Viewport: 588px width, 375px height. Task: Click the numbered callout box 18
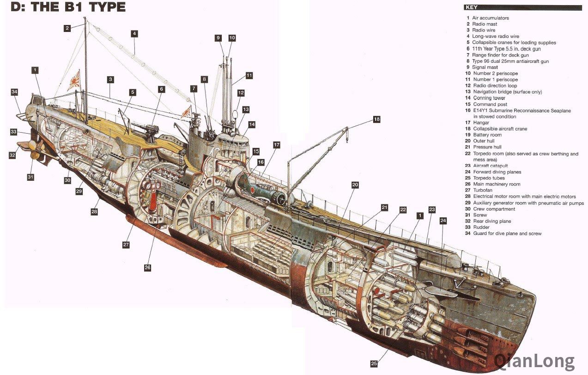click(x=376, y=119)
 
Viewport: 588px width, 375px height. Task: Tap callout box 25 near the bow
click(x=374, y=363)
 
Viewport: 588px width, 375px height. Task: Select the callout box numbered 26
click(x=147, y=267)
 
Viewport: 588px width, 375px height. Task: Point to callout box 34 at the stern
click(x=14, y=92)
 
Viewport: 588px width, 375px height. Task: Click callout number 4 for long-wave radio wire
click(x=134, y=33)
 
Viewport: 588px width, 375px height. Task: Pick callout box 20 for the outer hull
click(x=355, y=184)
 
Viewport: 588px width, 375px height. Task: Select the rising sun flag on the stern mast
click(x=74, y=81)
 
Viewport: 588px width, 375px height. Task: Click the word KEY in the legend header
click(x=472, y=7)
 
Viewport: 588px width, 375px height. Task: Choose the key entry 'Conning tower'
click(x=489, y=98)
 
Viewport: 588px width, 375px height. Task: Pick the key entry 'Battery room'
click(x=487, y=135)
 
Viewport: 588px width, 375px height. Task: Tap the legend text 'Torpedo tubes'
click(x=489, y=178)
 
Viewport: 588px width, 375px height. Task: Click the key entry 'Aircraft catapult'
click(x=490, y=166)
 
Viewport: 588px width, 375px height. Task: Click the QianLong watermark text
click(x=534, y=361)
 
